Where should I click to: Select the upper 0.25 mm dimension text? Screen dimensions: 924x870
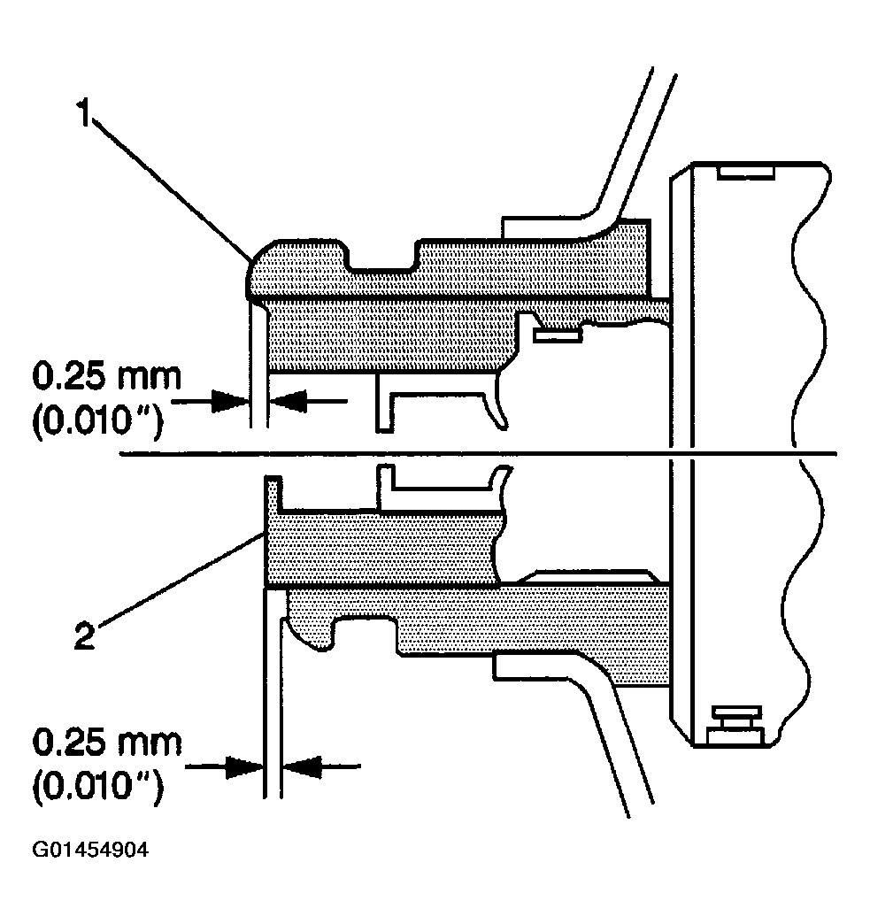click(106, 377)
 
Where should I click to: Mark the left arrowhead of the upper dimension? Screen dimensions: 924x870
click(232, 400)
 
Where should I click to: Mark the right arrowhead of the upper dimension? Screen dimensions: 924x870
click(287, 400)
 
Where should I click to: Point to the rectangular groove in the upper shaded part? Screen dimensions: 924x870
click(381, 259)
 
